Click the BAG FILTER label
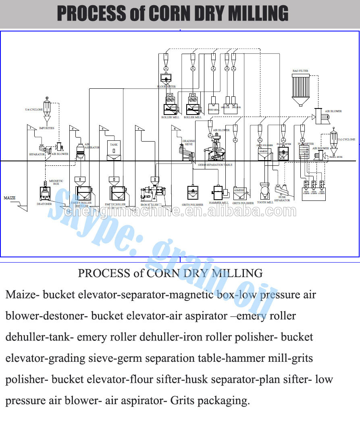pyautogui.click(x=300, y=71)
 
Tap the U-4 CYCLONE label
pyautogui.click(x=34, y=109)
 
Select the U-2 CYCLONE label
pyautogui.click(x=347, y=140)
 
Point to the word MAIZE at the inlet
pyautogui.click(x=10, y=198)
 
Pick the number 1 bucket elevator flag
pyautogui.click(x=30, y=127)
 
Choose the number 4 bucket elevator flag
pyautogui.click(x=139, y=129)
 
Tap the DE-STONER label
pyautogui.click(x=44, y=204)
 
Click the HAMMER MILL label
pyautogui.click(x=218, y=203)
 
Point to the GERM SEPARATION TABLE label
pyautogui.click(x=215, y=165)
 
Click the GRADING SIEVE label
pyautogui.click(x=188, y=142)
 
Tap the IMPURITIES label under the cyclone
pyautogui.click(x=46, y=128)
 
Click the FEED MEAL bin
pyautogui.click(x=213, y=104)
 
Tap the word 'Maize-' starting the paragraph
pyautogui.click(x=23, y=294)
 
